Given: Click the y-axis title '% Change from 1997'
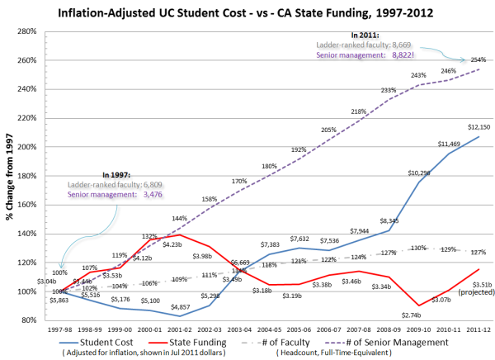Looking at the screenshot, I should click(10, 173).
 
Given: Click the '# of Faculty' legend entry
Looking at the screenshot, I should click(306, 342).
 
